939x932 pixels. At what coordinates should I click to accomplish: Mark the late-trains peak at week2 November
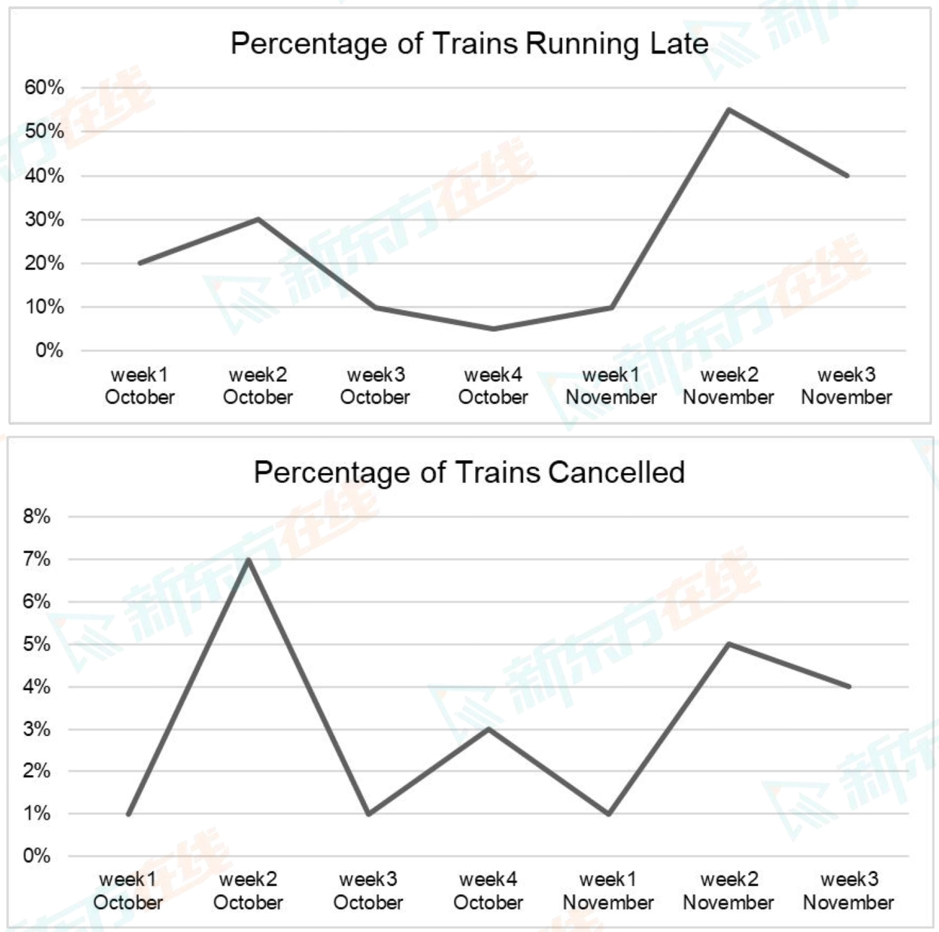[x=729, y=109]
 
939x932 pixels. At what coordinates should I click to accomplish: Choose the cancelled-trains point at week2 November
[x=728, y=644]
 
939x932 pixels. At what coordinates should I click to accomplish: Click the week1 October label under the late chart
[x=140, y=386]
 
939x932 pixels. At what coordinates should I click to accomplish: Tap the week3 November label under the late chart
[x=847, y=386]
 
